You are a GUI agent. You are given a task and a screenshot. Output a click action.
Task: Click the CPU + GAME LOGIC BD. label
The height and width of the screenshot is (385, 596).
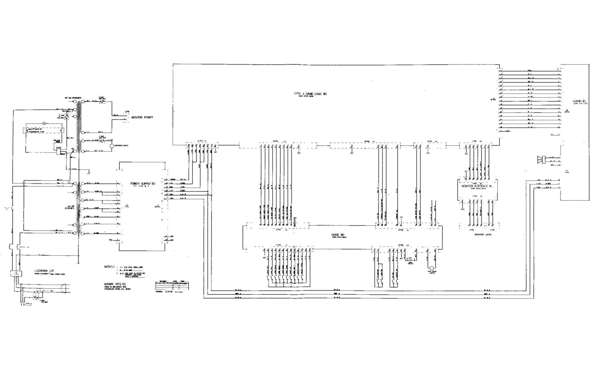(311, 94)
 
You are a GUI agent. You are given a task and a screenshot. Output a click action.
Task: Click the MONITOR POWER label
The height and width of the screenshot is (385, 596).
(142, 117)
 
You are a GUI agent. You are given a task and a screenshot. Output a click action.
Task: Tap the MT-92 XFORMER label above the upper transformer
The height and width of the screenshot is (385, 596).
(73, 98)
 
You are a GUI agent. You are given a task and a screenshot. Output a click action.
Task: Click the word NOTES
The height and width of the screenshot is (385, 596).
(109, 267)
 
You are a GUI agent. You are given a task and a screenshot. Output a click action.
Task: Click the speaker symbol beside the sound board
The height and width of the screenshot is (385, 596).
(541, 159)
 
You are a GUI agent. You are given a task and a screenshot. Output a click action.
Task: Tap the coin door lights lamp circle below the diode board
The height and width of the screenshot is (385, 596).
(431, 268)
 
